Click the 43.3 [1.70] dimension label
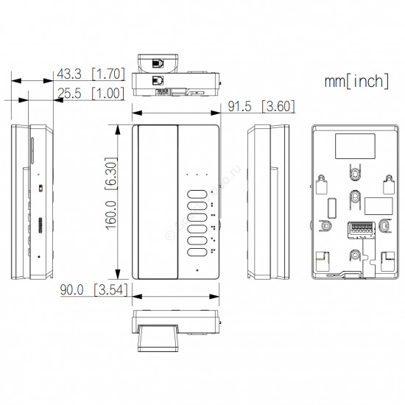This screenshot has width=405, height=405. (91, 74)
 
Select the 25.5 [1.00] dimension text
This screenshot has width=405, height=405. (91, 94)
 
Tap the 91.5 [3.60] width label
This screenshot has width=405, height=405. (261, 106)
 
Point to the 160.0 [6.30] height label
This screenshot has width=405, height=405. (111, 194)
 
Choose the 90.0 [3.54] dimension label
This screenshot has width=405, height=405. (94, 290)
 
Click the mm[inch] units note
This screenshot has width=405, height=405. (356, 81)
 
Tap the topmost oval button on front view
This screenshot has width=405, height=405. (197, 194)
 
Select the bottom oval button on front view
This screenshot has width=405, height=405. (197, 253)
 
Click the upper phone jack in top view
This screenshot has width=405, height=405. (158, 63)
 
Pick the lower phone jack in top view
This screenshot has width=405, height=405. (158, 80)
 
